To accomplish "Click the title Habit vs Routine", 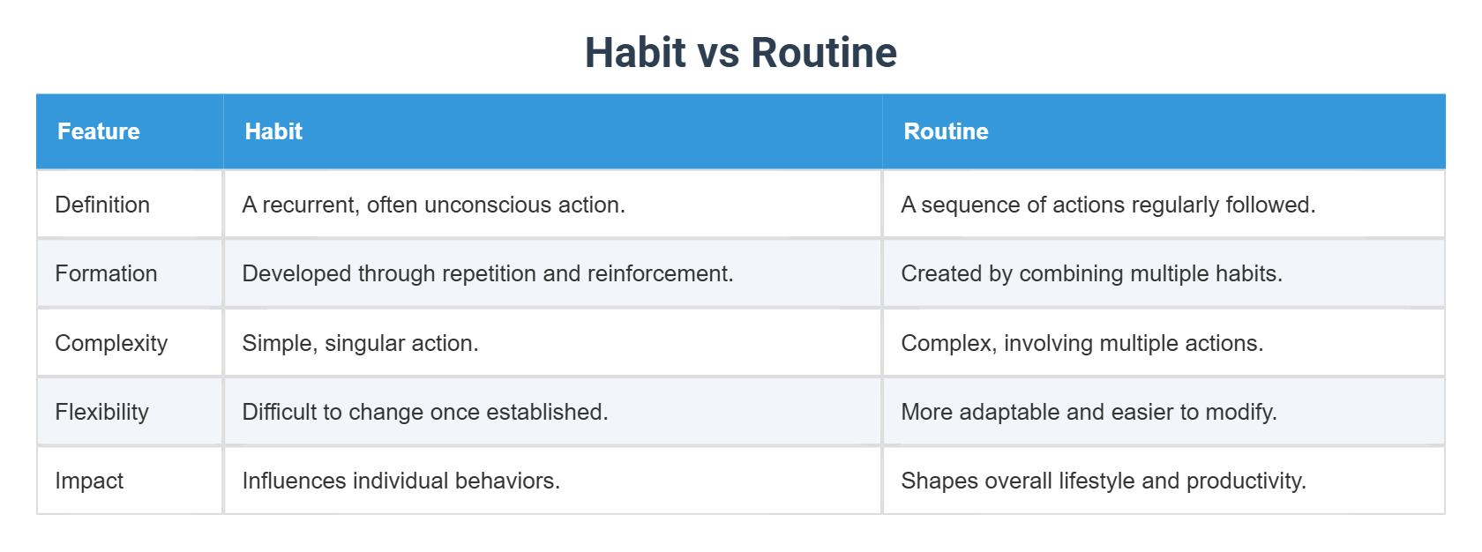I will pos(740,53).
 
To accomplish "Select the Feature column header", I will pos(99,131).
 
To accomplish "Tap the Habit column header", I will pos(273,131).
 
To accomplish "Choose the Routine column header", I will pos(946,131).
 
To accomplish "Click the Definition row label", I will pos(102,205).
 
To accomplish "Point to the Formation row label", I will pos(106,273).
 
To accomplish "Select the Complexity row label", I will pos(111,343).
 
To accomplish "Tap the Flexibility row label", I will pos(101,412).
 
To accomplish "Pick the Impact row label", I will pos(89,481).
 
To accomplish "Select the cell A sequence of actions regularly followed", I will pos(1108,205).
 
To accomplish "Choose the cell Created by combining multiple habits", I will pos(1091,273).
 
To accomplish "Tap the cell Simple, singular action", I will pos(360,343).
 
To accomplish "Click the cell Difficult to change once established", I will pos(424,412).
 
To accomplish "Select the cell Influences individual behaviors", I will pos(400,481).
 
